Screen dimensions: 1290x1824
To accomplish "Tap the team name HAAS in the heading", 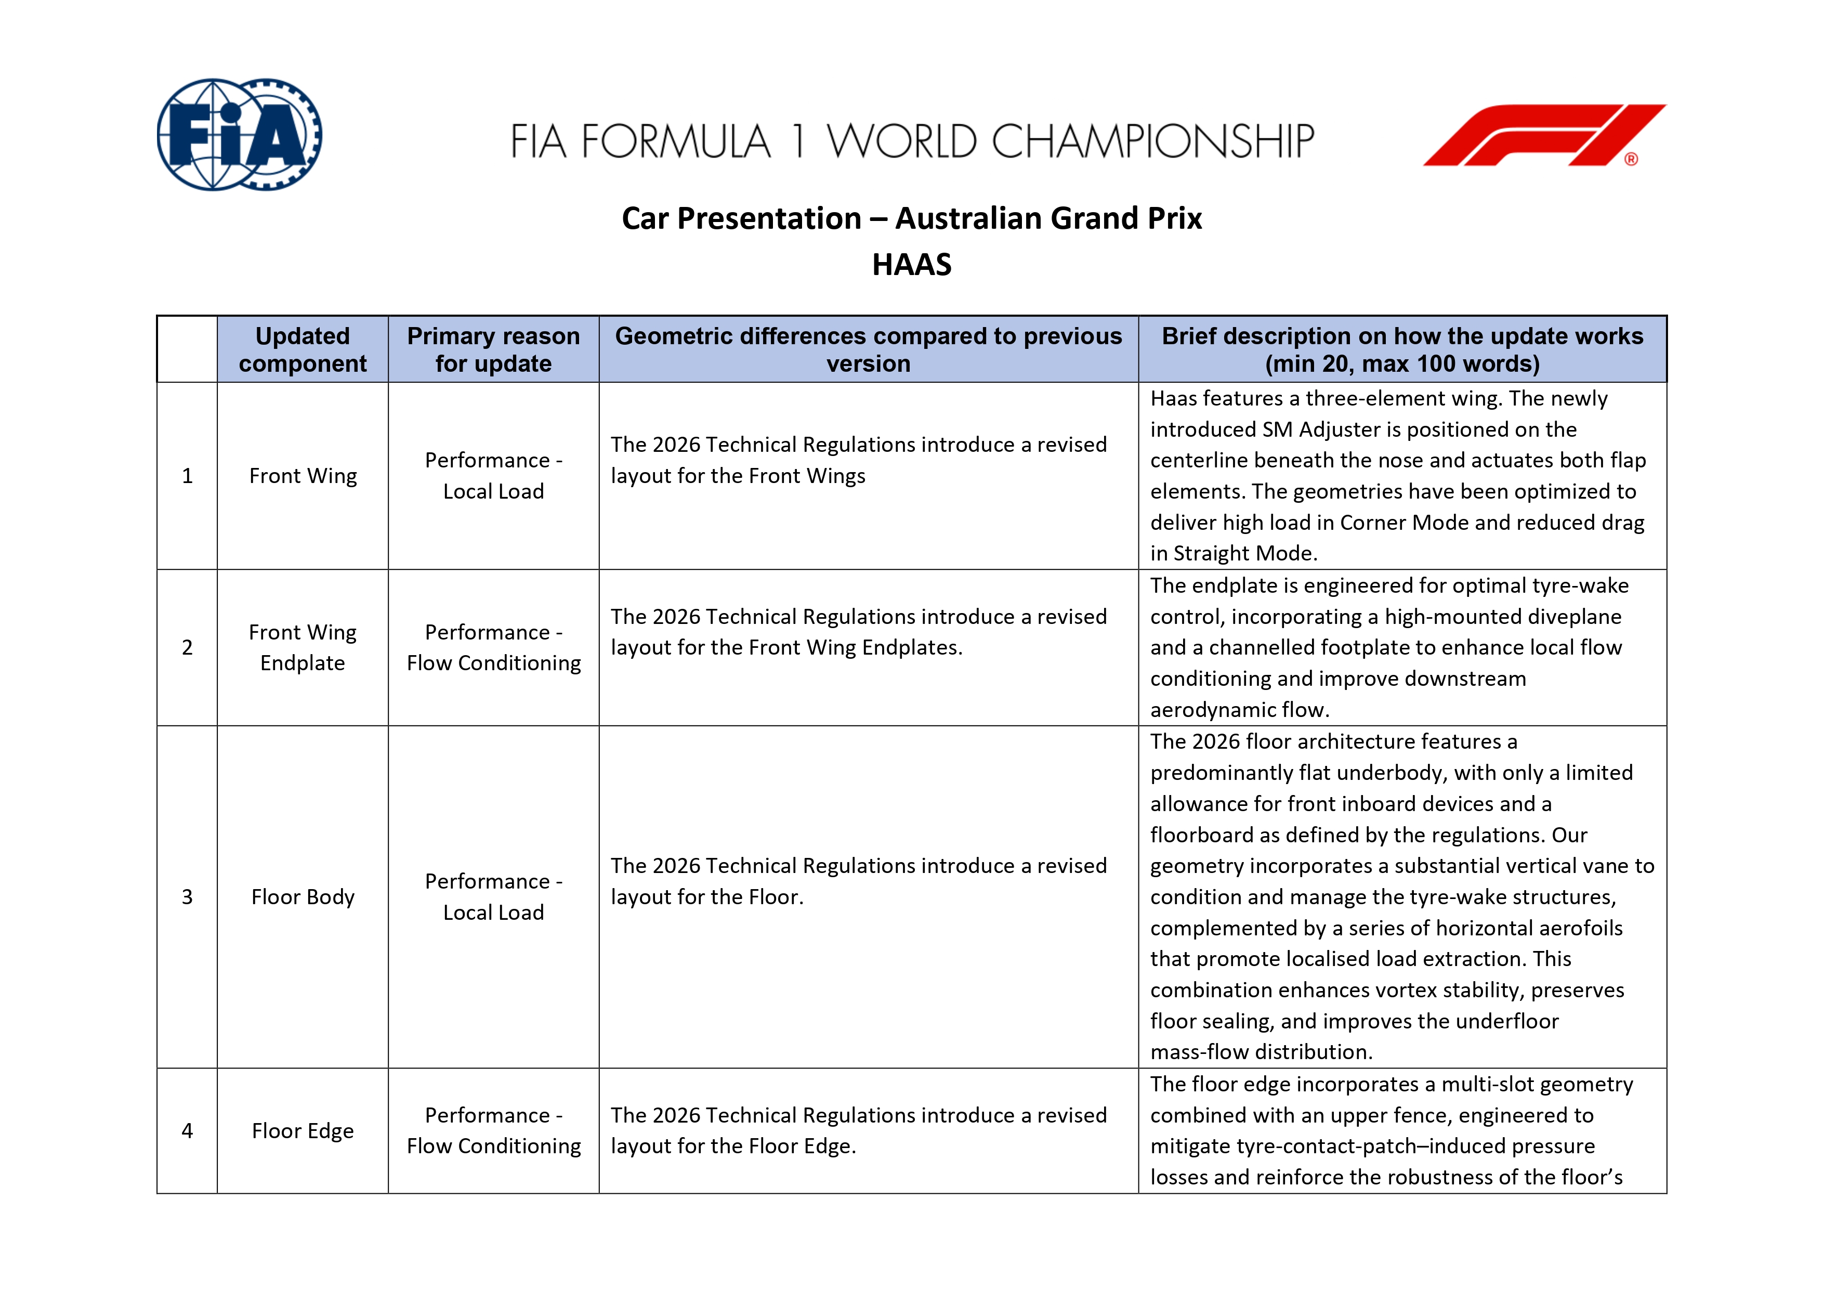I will (911, 265).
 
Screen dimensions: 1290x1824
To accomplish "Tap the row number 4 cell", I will (188, 1131).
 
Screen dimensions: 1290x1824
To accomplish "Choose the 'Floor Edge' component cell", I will (303, 1131).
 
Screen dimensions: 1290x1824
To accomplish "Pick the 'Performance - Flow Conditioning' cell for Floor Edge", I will (493, 1131).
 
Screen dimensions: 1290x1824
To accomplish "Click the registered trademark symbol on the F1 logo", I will (1631, 160).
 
